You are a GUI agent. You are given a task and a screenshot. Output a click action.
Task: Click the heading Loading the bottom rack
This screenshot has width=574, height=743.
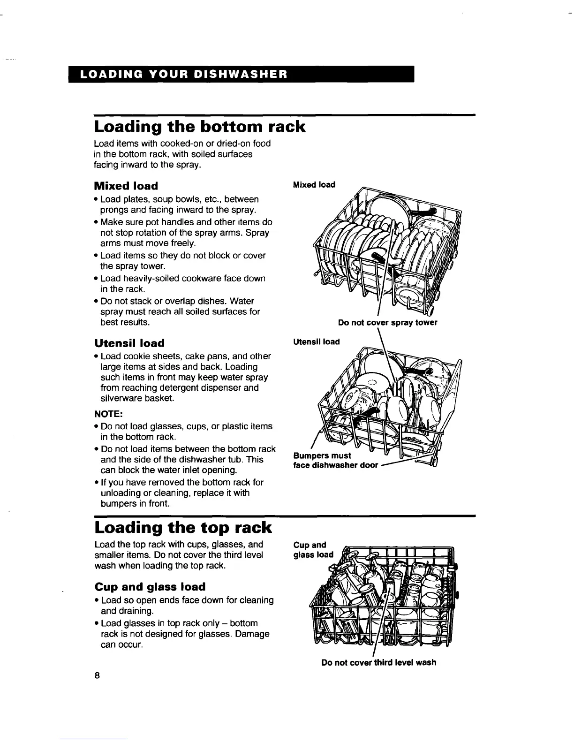click(x=200, y=127)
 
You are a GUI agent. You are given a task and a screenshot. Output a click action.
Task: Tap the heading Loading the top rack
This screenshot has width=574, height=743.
click(x=183, y=527)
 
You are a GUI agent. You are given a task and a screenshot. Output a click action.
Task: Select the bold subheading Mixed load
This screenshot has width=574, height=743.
click(x=126, y=186)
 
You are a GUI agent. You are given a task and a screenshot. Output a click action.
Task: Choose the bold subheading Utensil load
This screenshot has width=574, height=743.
click(x=129, y=343)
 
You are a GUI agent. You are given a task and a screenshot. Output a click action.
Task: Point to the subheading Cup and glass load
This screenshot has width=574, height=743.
click(x=150, y=587)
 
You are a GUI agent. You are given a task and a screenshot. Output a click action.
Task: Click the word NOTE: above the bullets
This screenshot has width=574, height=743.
click(x=108, y=414)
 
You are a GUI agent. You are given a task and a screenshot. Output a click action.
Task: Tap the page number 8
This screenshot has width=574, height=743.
click(x=97, y=675)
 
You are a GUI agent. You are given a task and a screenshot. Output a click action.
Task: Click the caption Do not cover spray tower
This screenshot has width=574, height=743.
click(x=387, y=323)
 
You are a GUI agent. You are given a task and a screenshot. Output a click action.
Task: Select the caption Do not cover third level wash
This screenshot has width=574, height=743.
click(x=378, y=662)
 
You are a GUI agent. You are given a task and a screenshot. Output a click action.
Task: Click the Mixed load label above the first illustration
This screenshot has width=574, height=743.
click(x=314, y=185)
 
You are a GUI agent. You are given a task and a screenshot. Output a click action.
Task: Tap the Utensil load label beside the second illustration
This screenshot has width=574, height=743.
click(x=316, y=341)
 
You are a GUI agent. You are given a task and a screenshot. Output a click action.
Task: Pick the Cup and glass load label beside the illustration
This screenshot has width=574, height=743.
click(x=313, y=550)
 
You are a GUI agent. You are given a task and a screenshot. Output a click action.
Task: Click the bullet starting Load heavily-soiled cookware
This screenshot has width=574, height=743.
click(x=183, y=284)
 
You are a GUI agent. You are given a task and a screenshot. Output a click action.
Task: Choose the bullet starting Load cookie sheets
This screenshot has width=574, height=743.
click(x=185, y=377)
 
